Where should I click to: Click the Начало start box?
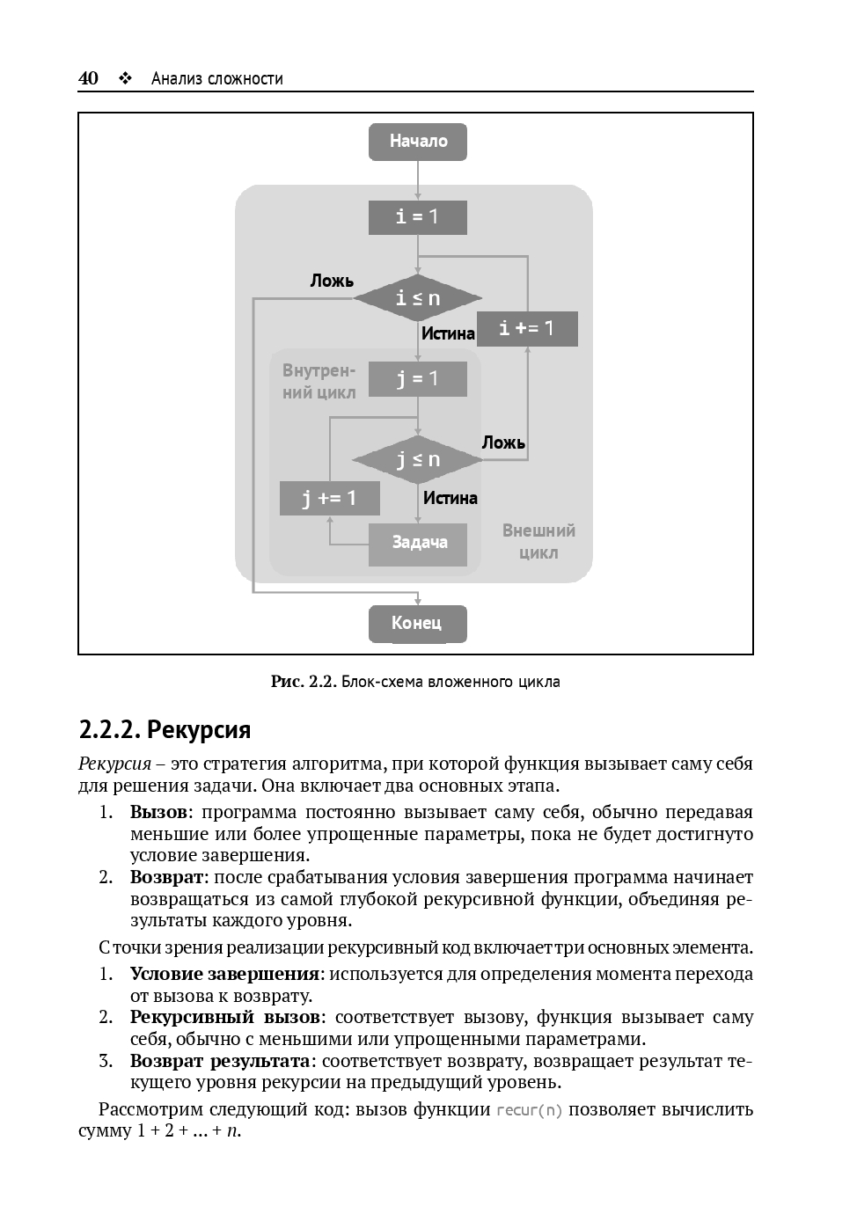(x=418, y=142)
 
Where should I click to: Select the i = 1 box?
(x=418, y=217)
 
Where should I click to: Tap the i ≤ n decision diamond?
(x=418, y=298)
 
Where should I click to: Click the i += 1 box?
(x=527, y=328)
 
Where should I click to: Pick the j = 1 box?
(x=418, y=379)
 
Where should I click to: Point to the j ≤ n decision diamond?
(x=418, y=459)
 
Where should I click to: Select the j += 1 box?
(x=330, y=498)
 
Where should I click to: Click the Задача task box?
(x=418, y=543)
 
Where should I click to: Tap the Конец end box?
(x=418, y=624)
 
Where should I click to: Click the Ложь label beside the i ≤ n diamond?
(x=332, y=281)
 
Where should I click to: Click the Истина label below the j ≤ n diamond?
(x=450, y=498)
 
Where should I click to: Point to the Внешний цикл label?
(x=538, y=542)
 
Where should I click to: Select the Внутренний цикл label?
(x=319, y=382)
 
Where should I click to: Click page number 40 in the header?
(x=88, y=78)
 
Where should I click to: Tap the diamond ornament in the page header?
(x=126, y=78)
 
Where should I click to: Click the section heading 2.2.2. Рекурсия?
(x=165, y=729)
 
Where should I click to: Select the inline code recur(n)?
(x=529, y=1109)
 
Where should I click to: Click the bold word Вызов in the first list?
(x=158, y=812)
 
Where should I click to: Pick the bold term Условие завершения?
(x=224, y=974)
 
